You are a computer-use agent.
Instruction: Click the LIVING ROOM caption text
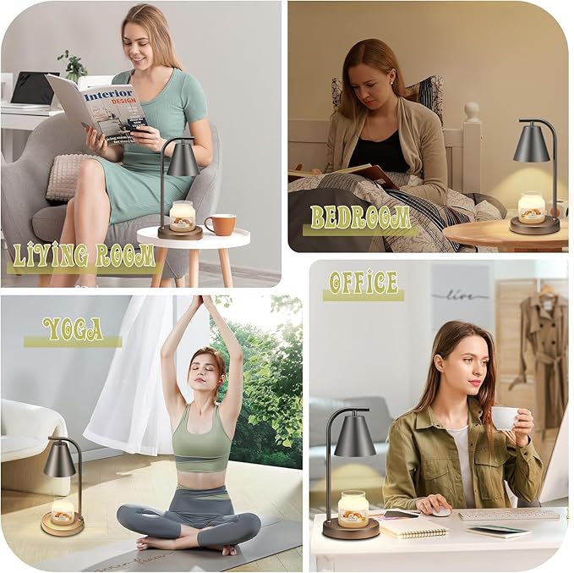tap(83, 255)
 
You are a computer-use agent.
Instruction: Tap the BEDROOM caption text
tap(360, 218)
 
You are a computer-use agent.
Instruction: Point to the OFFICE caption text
tap(363, 282)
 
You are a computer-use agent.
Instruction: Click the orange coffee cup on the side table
tap(220, 224)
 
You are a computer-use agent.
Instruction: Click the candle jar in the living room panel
tap(182, 217)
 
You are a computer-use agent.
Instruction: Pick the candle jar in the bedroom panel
tap(532, 208)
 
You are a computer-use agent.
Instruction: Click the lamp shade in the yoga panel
tap(59, 460)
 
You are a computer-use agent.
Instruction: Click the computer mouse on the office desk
tap(440, 511)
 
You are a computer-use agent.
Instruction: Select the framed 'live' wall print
tap(460, 297)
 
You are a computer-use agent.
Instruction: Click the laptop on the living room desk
tap(32, 88)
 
